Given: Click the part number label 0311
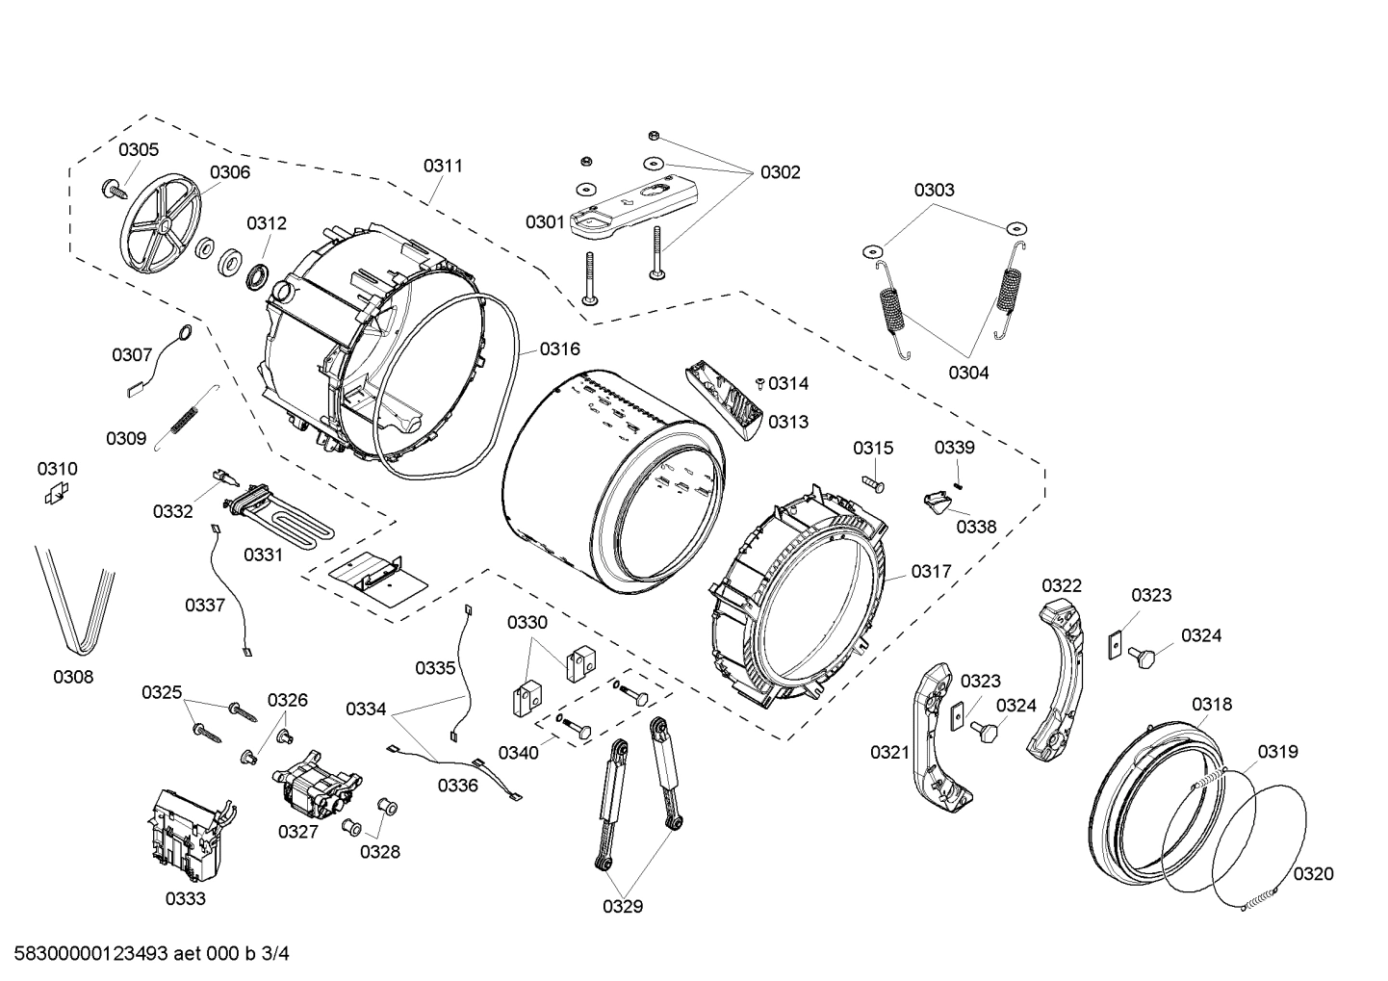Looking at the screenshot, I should (x=443, y=166).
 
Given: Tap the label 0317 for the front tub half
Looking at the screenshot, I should (x=931, y=572).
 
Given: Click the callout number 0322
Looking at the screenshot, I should (x=1061, y=585).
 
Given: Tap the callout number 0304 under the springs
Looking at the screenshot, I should (x=967, y=373).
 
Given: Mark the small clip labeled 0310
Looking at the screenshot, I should (x=57, y=494).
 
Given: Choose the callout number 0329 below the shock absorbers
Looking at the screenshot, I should (x=623, y=906).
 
